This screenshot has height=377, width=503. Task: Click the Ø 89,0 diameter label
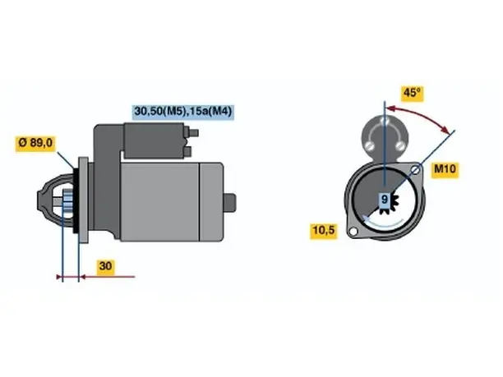(x=35, y=143)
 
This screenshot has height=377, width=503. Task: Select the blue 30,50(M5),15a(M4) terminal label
(x=183, y=112)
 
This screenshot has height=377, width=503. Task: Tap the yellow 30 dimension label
(x=105, y=266)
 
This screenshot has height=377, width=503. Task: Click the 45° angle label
(x=413, y=94)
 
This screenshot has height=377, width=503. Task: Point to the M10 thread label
(x=445, y=169)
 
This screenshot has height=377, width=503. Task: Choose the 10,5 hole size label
(x=324, y=230)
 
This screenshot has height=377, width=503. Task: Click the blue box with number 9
(x=385, y=200)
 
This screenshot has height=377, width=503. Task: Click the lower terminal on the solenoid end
(x=188, y=151)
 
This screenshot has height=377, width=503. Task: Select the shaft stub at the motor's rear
(x=229, y=203)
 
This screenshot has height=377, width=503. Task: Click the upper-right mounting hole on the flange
(x=416, y=169)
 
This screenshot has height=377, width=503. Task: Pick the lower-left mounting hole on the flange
(x=353, y=232)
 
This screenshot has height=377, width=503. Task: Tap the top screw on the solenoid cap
(x=385, y=122)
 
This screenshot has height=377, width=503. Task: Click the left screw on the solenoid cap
(x=369, y=145)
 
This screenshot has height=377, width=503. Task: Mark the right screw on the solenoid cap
(x=399, y=145)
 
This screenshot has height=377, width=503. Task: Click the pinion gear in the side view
(x=68, y=203)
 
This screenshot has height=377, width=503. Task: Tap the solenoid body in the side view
(x=155, y=140)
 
